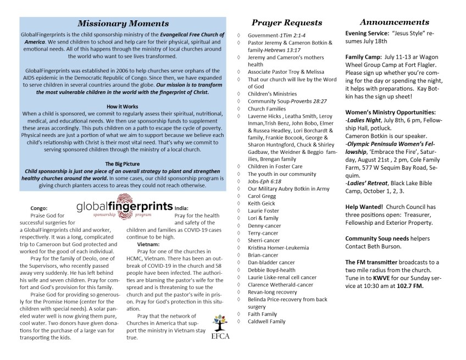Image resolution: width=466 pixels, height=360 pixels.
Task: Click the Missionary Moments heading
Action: point(123,24)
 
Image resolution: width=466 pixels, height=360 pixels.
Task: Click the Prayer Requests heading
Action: point(286,23)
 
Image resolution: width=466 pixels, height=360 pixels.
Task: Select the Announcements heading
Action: point(395,22)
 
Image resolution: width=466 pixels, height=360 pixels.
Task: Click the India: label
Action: point(182,208)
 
